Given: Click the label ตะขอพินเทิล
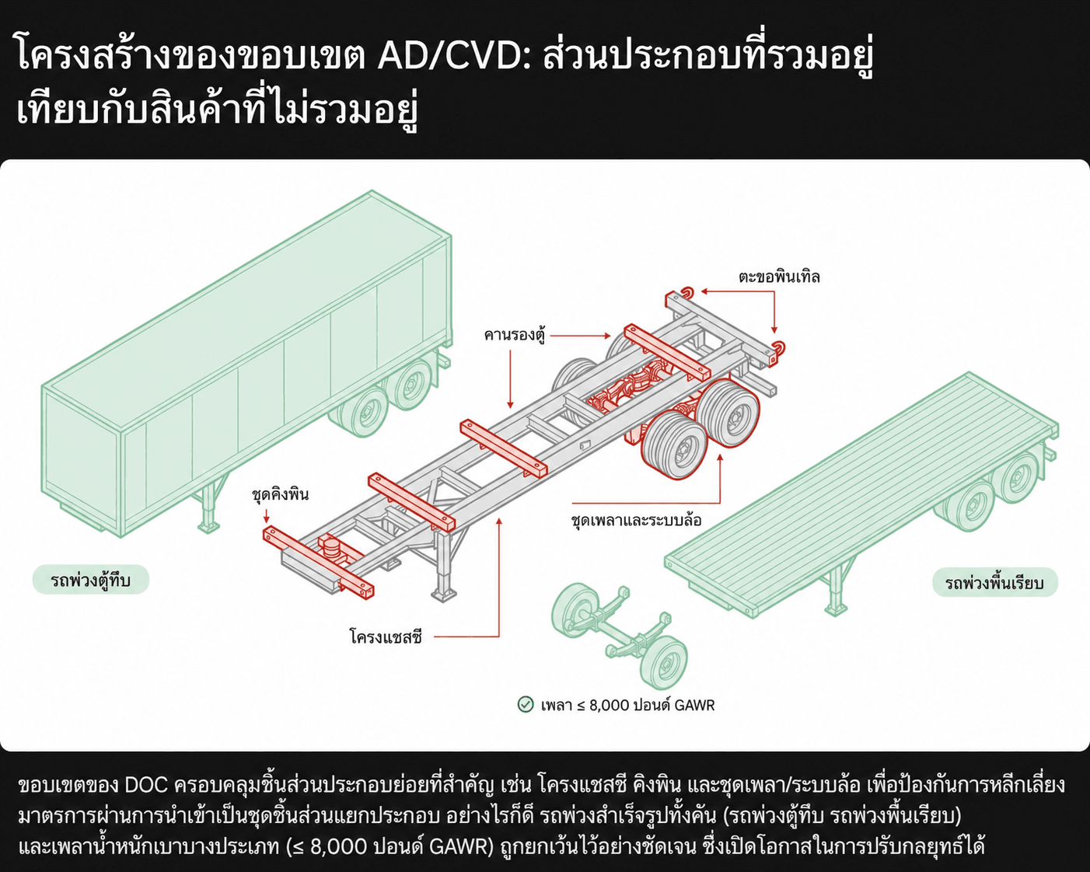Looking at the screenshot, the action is tap(779, 277).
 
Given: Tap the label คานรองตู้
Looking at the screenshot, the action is tap(514, 335).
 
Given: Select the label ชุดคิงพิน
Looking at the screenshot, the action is tap(280, 494).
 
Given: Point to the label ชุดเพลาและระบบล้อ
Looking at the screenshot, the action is tap(636, 520).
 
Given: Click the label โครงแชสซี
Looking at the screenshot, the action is tap(386, 637).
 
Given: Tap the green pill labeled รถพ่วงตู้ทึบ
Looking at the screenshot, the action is tap(91, 580).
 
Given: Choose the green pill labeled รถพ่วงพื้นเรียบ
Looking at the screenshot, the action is tap(995, 582).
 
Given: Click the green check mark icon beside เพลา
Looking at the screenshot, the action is tap(526, 704).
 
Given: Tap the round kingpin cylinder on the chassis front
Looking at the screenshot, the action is tap(330, 547).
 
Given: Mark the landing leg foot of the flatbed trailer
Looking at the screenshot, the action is tap(837, 611).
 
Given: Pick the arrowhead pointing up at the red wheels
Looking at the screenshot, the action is tap(720, 459).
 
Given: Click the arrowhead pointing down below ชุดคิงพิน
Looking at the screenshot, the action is tap(267, 520).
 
